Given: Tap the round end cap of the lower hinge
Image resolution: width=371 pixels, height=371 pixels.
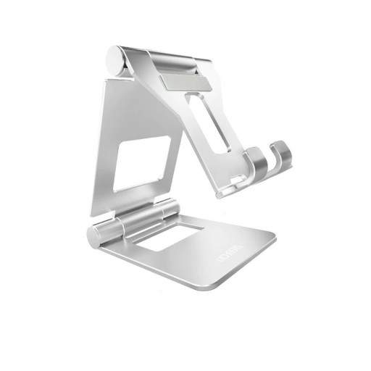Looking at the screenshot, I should (97, 237).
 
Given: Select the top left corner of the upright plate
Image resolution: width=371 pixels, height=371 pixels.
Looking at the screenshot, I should (107, 80).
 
